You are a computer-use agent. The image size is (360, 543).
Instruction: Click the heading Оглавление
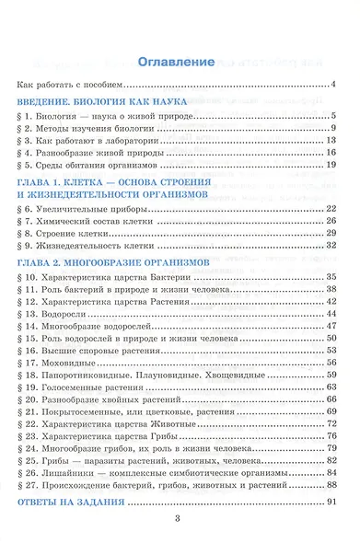[180, 63]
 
